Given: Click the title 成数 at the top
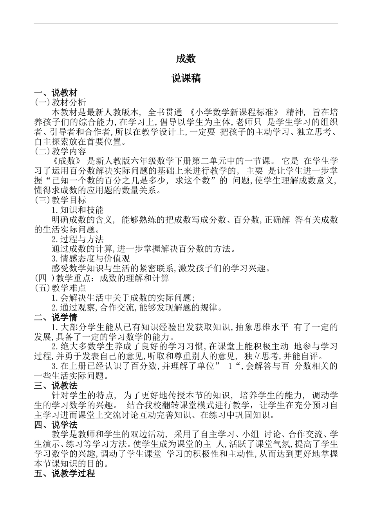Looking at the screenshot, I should (186, 59).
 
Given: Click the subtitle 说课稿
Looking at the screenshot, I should (186, 78).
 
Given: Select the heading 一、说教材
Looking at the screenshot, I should (56, 93).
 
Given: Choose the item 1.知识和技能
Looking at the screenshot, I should (78, 210).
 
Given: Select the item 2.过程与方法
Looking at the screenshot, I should (78, 239).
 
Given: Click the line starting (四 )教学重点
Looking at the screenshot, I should (102, 278).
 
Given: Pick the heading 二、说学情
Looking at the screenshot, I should (56, 317).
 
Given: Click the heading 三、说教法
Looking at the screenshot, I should (56, 385).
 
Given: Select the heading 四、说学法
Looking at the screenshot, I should (56, 425).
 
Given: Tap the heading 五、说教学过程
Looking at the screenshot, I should (64, 473).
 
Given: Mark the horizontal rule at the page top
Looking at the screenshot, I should (186, 23).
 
